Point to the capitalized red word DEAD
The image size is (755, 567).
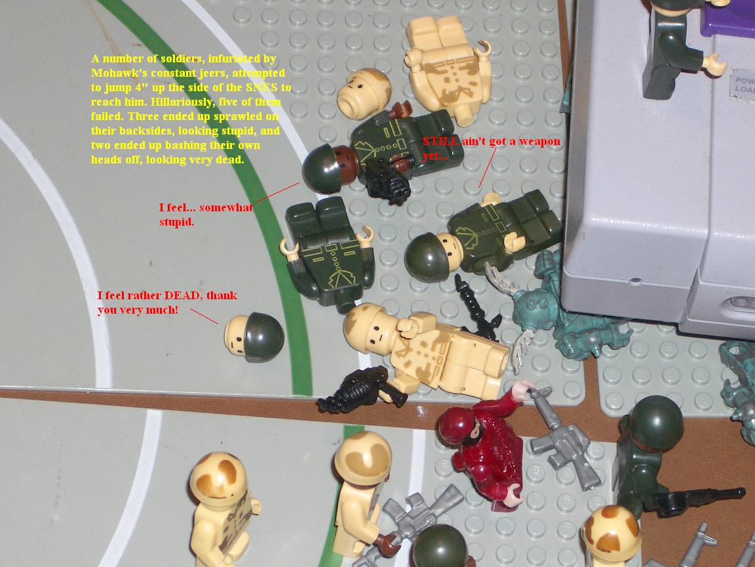point(184,295)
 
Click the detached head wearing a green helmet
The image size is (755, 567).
point(255,337)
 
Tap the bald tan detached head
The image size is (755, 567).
point(364,93)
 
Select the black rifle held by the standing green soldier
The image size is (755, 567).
point(693,499)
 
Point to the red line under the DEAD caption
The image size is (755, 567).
point(204,316)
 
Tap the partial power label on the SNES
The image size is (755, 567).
point(743,85)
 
